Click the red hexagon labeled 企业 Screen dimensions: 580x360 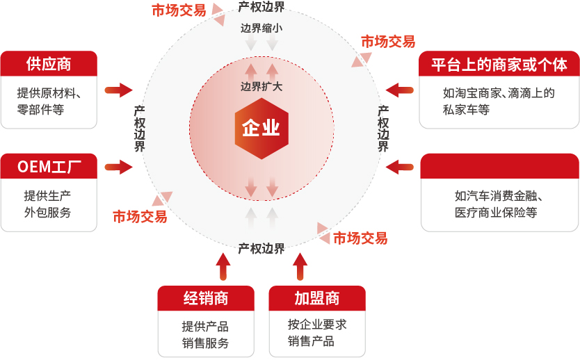click(x=261, y=129)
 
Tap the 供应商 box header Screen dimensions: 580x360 click(x=49, y=63)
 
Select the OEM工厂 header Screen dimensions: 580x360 click(x=49, y=166)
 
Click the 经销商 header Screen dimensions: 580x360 click(x=206, y=298)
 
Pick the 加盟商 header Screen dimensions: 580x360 click(x=317, y=298)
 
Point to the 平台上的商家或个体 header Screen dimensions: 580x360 click(x=499, y=64)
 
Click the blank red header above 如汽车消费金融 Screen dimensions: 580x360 click(x=500, y=166)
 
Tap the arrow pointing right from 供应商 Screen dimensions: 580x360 click(x=119, y=90)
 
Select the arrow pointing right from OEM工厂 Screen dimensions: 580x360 click(x=119, y=167)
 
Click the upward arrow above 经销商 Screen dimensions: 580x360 click(x=223, y=266)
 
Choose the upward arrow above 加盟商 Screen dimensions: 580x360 click(x=300, y=266)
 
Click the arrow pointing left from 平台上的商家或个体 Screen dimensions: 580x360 click(x=399, y=90)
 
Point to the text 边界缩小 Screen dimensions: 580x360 click(x=261, y=28)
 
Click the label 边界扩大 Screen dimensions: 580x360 click(x=261, y=86)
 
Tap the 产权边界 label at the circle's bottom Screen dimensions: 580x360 click(x=261, y=249)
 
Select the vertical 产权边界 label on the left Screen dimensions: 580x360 click(x=140, y=129)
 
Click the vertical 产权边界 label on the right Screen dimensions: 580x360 click(x=383, y=129)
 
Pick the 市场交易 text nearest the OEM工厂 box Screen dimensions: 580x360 click(x=140, y=217)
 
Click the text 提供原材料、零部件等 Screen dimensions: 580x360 click(x=49, y=101)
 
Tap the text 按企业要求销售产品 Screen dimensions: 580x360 click(x=317, y=333)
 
